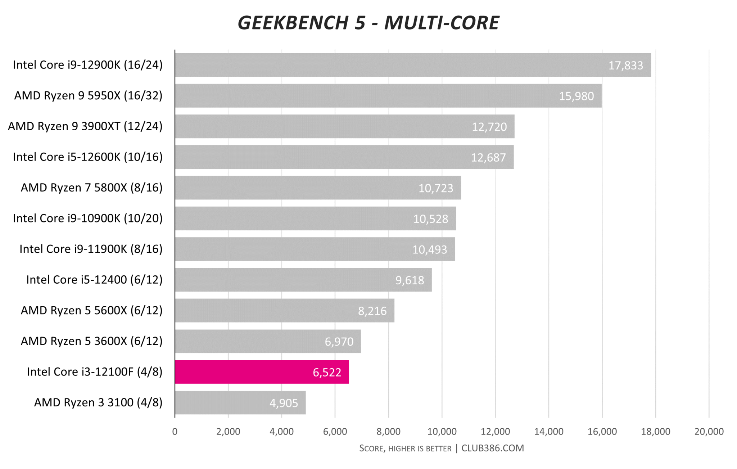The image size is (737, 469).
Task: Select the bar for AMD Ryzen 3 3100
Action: (x=240, y=402)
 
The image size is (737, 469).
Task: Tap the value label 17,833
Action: (x=625, y=66)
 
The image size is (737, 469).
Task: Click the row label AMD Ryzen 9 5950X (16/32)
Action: (x=88, y=95)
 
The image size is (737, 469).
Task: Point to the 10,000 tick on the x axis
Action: (x=442, y=432)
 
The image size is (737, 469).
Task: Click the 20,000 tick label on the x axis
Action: (x=709, y=432)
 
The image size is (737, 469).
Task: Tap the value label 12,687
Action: (x=488, y=158)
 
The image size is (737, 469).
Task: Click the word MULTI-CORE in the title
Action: (x=442, y=23)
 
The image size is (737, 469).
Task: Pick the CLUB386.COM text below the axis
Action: (x=493, y=448)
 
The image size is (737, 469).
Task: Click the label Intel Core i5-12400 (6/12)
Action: (x=94, y=280)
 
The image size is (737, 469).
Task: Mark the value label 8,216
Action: (x=372, y=311)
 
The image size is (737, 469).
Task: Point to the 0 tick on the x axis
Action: (x=175, y=432)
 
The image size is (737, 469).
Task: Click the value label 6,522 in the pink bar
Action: (x=327, y=372)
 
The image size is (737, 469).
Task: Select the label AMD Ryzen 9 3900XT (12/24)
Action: (x=85, y=126)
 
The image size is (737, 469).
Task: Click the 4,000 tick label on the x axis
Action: (x=281, y=432)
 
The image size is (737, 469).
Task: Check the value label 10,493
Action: (x=429, y=250)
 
